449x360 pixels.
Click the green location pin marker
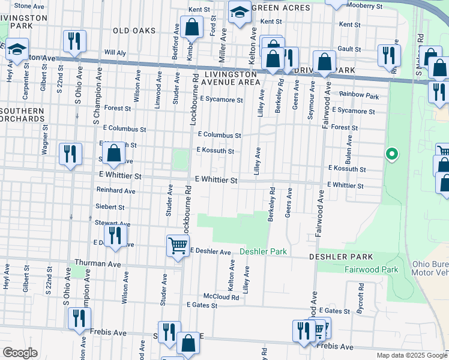pyautogui.click(x=391, y=155)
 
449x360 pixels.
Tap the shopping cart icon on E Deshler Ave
pyautogui.click(x=178, y=245)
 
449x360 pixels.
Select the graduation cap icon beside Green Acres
pyautogui.click(x=239, y=12)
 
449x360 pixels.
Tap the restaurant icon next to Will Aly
pyautogui.click(x=74, y=41)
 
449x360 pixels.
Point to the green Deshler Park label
pyautogui.click(x=263, y=252)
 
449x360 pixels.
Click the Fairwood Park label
pyautogui.click(x=372, y=270)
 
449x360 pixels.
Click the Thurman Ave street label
pyautogui.click(x=98, y=263)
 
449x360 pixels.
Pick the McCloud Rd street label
pyautogui.click(x=221, y=296)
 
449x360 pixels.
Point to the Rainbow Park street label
pyautogui.click(x=359, y=95)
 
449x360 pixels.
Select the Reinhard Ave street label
pyautogui.click(x=116, y=190)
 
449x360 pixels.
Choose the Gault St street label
pyautogui.click(x=349, y=49)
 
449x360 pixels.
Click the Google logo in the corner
pyautogui.click(x=20, y=353)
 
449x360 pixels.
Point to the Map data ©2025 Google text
pyautogui.click(x=411, y=355)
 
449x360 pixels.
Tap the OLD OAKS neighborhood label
pyautogui.click(x=134, y=31)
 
